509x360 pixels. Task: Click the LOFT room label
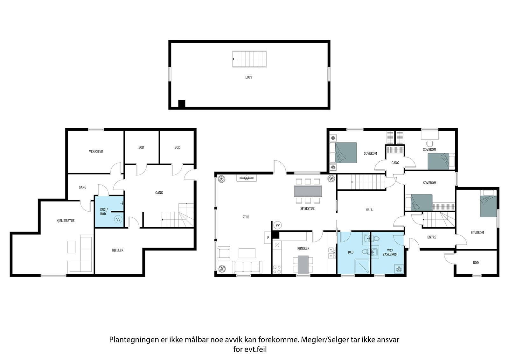(x=249, y=77)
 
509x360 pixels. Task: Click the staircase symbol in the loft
(x=249, y=59)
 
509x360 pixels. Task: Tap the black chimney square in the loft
(x=182, y=103)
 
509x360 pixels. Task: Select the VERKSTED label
(x=96, y=152)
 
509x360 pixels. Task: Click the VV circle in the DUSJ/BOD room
(x=118, y=219)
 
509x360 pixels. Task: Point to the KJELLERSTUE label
(x=66, y=221)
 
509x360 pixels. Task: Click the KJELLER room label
(x=117, y=251)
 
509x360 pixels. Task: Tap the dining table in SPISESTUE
(x=308, y=191)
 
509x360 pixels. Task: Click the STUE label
(x=246, y=217)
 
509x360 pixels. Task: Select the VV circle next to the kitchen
(x=277, y=225)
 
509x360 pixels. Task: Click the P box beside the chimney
(x=268, y=237)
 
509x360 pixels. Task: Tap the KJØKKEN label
(x=303, y=249)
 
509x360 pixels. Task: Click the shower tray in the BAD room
(x=362, y=266)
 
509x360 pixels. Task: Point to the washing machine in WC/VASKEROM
(x=398, y=269)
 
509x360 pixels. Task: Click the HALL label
(x=369, y=210)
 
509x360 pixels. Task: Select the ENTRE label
(x=432, y=237)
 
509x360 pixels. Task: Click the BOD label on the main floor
(x=476, y=263)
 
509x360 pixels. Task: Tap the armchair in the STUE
(x=224, y=253)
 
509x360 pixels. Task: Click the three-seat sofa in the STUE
(x=247, y=267)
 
